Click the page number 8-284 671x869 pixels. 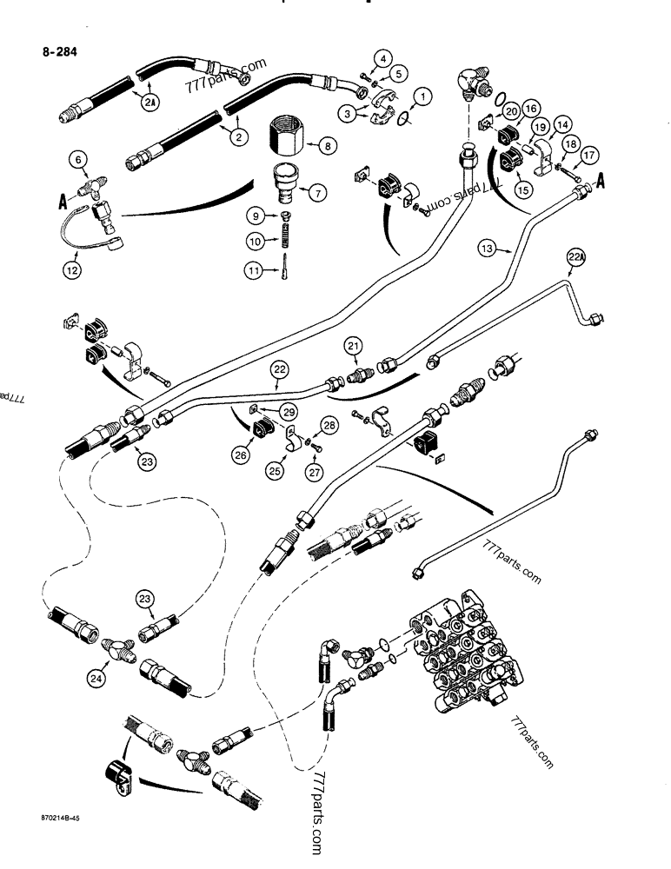59,51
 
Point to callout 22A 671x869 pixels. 577,256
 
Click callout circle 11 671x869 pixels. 253,272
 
